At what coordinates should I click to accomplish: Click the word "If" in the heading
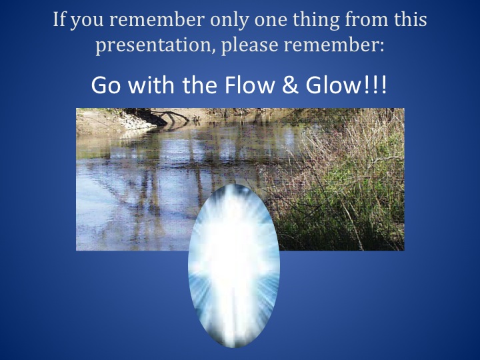point(59,19)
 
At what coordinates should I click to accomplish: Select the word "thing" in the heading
point(316,21)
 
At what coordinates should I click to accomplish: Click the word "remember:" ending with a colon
point(334,45)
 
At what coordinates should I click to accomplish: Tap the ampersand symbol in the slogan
point(290,85)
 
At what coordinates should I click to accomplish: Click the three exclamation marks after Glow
point(375,85)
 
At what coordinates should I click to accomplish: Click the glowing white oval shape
point(234,266)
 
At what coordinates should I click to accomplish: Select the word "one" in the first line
point(271,21)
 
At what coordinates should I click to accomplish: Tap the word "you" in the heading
point(87,22)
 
